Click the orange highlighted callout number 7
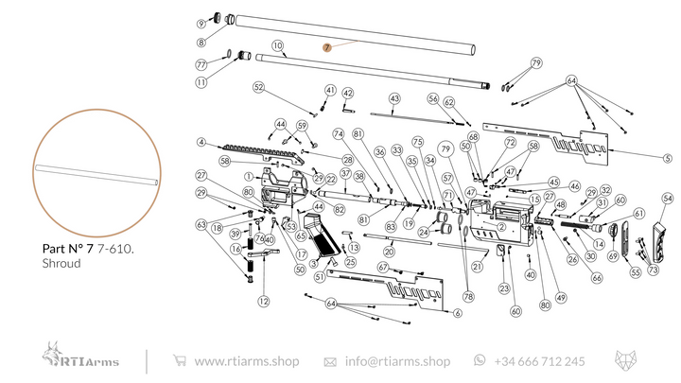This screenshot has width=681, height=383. click(326, 46)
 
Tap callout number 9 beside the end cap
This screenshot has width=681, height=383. click(201, 24)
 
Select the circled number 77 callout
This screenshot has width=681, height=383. click(201, 64)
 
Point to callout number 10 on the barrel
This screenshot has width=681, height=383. click(278, 45)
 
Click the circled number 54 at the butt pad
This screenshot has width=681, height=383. click(667, 199)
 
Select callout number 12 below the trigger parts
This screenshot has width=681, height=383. click(263, 301)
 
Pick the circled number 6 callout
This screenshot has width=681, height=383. click(457, 313)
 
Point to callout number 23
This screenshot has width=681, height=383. click(504, 287)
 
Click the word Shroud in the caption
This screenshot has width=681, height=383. click(61, 264)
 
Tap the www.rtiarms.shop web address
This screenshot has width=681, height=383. click(246, 361)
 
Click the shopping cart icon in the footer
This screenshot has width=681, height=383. click(180, 360)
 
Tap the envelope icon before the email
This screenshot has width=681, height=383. click(330, 361)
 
